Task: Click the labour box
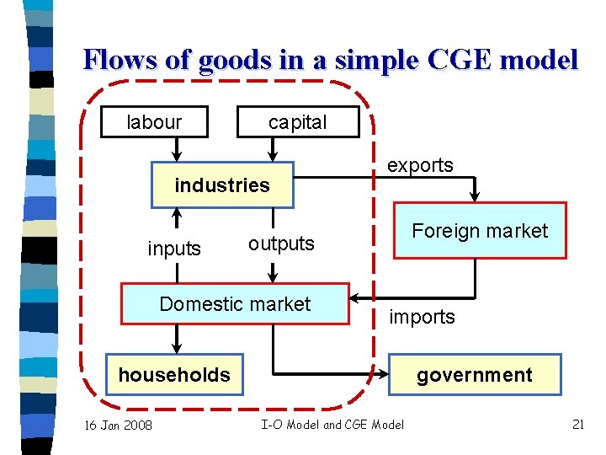pyautogui.click(x=153, y=122)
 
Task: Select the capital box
pyautogui.click(x=298, y=122)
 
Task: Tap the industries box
pyautogui.click(x=222, y=185)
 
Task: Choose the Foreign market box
pyautogui.click(x=479, y=231)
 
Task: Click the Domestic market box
pyautogui.click(x=235, y=304)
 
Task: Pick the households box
pyautogui.click(x=174, y=375)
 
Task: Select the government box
pyautogui.click(x=475, y=375)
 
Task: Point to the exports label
pyautogui.click(x=420, y=165)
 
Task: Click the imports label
pyautogui.click(x=422, y=317)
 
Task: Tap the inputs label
pyautogui.click(x=174, y=249)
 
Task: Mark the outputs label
pyautogui.click(x=281, y=244)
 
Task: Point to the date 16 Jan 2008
pyautogui.click(x=119, y=425)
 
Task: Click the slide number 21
pyautogui.click(x=577, y=424)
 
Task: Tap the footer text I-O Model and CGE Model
pyautogui.click(x=332, y=425)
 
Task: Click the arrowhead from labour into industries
pyautogui.click(x=177, y=156)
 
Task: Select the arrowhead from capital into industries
pyautogui.click(x=272, y=156)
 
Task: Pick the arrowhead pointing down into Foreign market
pyautogui.click(x=475, y=197)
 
